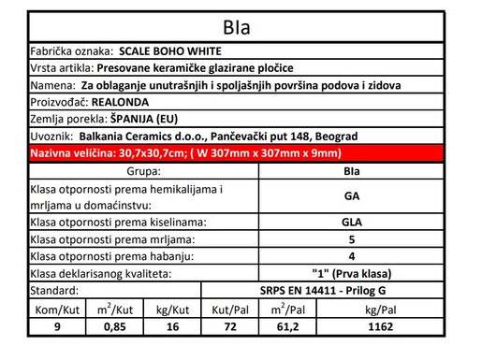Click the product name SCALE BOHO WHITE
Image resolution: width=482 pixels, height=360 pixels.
(172, 51)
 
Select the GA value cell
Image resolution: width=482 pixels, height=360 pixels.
(352, 196)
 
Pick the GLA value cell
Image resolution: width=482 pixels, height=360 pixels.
(352, 223)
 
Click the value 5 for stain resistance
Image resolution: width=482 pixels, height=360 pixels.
(352, 239)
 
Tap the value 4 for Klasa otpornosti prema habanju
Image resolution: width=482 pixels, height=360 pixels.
(352, 256)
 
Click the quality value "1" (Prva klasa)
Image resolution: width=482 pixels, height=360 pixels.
(352, 273)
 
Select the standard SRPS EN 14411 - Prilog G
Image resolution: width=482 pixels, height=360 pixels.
(352, 290)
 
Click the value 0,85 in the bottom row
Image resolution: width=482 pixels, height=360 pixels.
(115, 326)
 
